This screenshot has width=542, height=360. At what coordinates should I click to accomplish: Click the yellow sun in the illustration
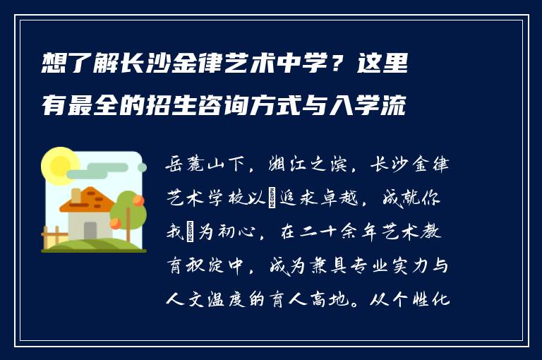(60, 167)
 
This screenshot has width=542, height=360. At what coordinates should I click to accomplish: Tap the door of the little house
(90, 230)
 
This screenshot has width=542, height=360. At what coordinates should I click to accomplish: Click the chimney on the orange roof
(76, 195)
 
